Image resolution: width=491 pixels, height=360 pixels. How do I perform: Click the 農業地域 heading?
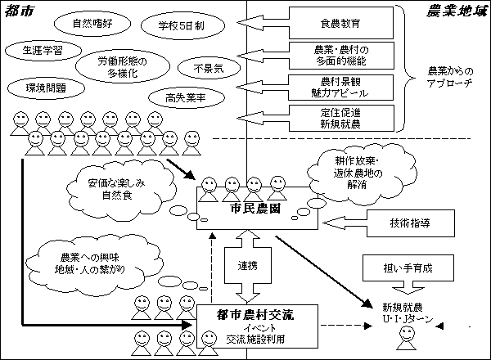(457, 11)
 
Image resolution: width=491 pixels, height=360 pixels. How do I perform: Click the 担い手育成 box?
(396, 268)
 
